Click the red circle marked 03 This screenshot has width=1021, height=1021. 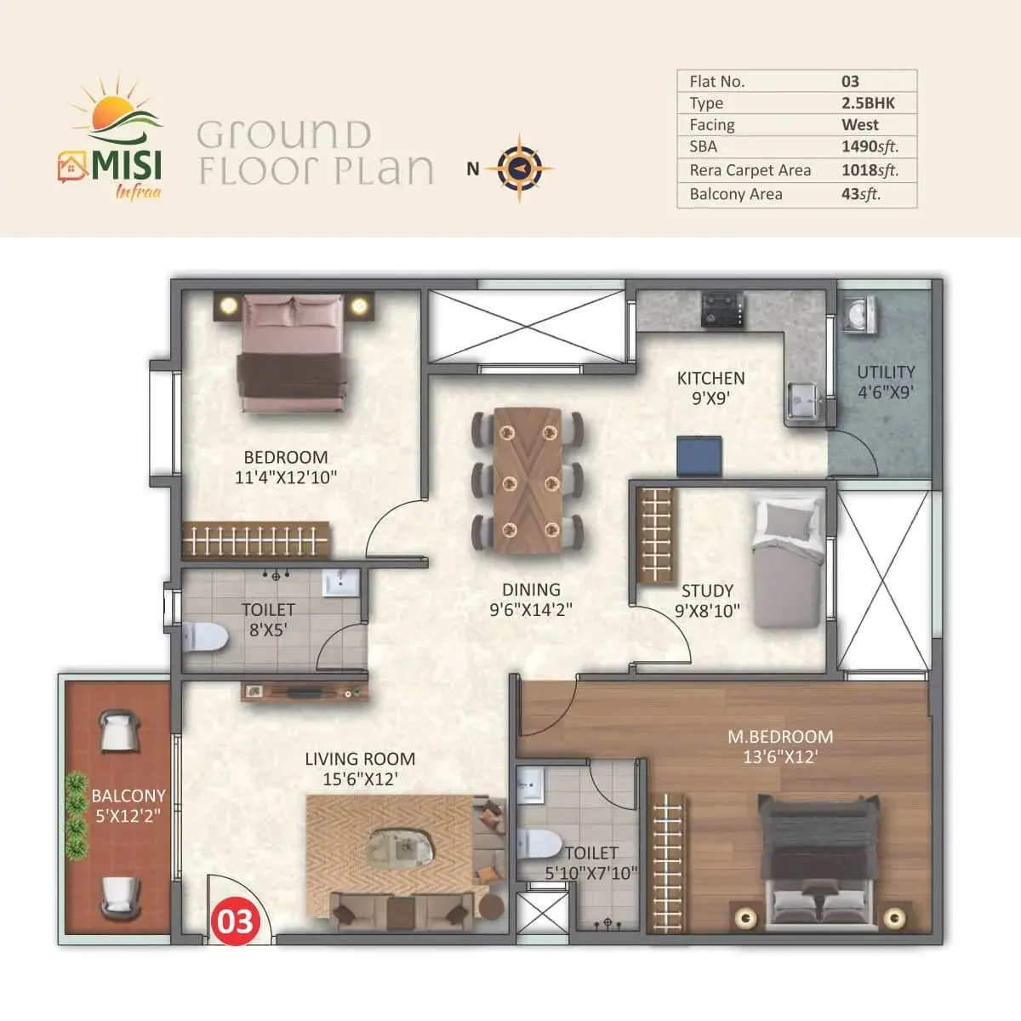tap(236, 921)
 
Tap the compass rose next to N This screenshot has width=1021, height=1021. tap(519, 168)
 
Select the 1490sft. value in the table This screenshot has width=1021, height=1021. tap(870, 146)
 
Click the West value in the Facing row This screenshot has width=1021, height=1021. tap(860, 124)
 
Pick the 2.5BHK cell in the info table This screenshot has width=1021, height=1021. tap(868, 103)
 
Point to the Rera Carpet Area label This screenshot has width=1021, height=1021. tap(750, 170)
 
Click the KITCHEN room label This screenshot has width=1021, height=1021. tap(710, 378)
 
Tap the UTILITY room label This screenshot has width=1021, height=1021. tap(886, 372)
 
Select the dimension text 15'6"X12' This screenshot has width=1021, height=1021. tap(360, 779)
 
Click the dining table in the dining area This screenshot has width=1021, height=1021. tap(528, 481)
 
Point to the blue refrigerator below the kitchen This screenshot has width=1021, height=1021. tap(699, 455)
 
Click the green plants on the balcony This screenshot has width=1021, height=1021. tap(77, 815)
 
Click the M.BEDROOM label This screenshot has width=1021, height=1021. tap(780, 737)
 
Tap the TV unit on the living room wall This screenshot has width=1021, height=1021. tap(305, 692)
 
